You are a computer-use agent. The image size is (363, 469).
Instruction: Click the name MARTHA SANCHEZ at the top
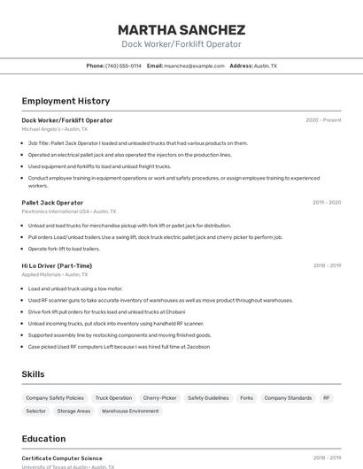pos(181,29)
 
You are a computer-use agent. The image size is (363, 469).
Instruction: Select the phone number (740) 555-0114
pos(123,65)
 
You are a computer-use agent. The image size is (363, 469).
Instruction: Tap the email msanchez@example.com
pos(194,65)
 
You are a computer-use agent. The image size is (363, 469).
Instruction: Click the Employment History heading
pos(66,101)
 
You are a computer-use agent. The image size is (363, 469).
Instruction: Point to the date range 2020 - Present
pos(323,120)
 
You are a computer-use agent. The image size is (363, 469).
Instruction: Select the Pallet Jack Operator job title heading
pos(52,203)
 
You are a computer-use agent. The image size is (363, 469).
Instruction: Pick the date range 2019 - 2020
pos(327,203)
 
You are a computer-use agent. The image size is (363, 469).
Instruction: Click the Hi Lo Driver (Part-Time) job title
pos(57,265)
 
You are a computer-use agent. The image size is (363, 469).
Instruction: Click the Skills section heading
pos(34,374)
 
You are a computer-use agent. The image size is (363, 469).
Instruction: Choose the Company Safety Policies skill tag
pos(55,398)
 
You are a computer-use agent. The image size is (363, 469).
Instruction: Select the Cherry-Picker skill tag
pos(159,398)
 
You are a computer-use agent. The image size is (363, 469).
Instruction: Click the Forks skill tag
pos(246,398)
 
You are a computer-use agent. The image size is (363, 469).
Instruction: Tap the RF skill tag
pos(327,398)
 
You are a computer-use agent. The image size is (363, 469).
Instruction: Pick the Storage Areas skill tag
pos(73,411)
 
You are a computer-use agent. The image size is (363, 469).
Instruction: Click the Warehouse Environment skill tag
pos(130,411)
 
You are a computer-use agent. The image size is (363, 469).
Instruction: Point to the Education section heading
pos(43,439)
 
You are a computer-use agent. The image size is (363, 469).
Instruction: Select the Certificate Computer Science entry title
pos(62,458)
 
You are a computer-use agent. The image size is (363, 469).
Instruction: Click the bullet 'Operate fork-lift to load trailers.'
pos(64,249)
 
